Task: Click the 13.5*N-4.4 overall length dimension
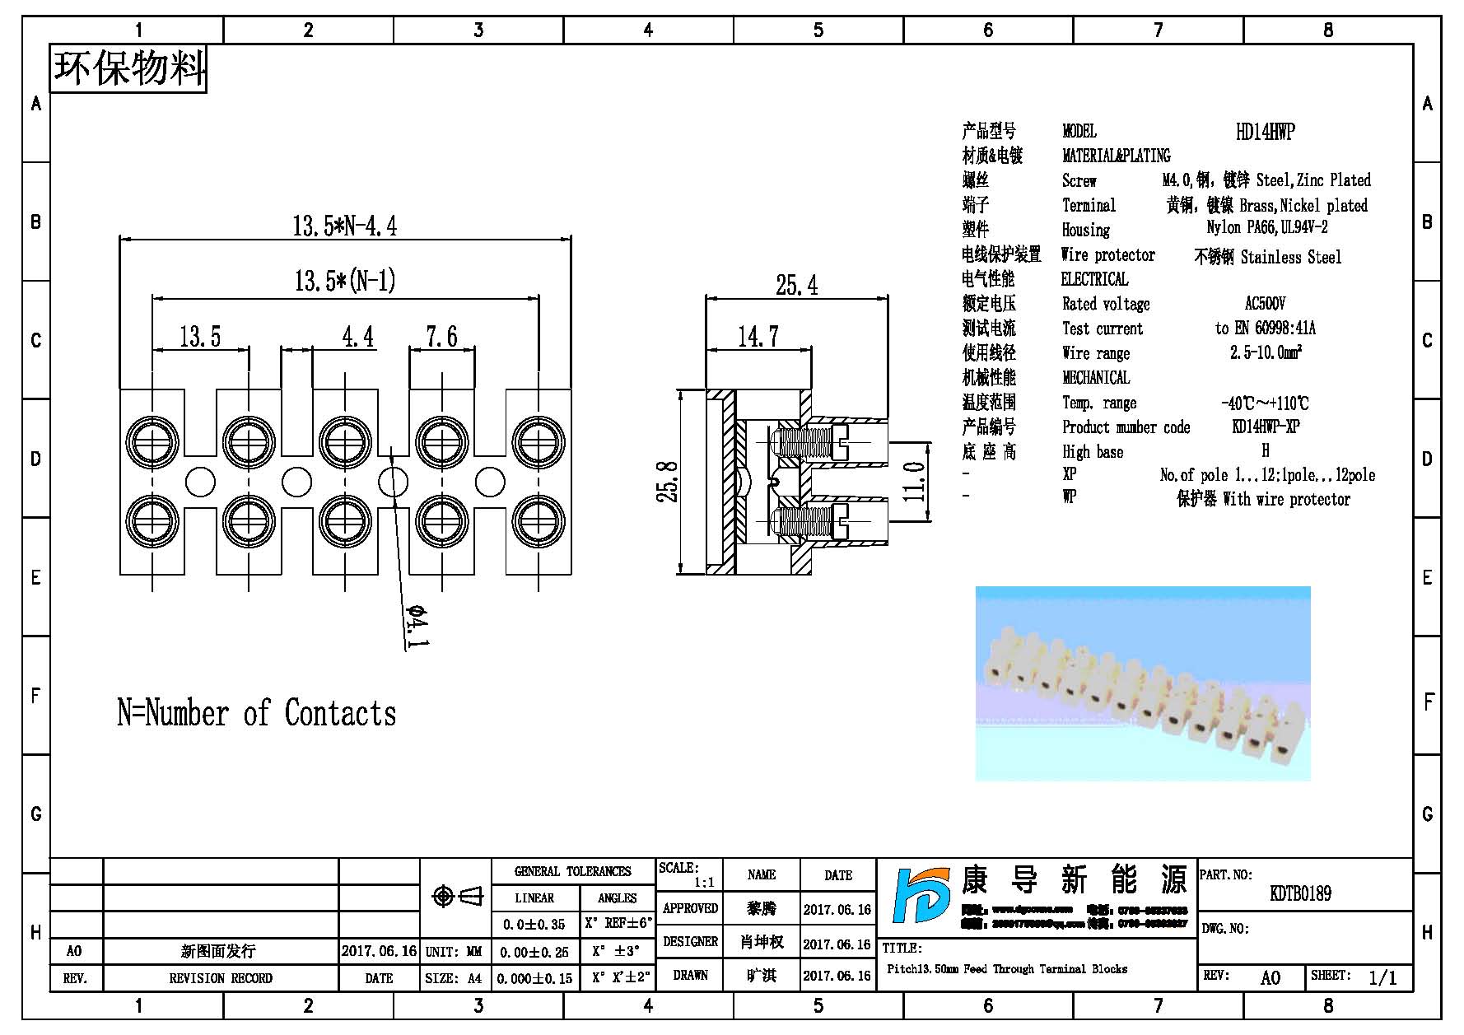tap(344, 226)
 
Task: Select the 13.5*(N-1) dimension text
tap(345, 282)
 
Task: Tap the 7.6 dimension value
tap(441, 337)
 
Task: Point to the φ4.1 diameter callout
tap(417, 627)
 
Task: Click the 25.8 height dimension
tap(668, 482)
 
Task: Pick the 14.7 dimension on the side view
tap(758, 337)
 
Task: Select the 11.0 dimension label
tap(915, 481)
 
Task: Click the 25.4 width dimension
tap(796, 286)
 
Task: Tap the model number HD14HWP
tap(1265, 132)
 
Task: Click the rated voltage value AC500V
tap(1265, 304)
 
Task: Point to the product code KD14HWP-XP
tap(1266, 427)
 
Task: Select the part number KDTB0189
tap(1300, 893)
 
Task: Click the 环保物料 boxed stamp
tap(128, 68)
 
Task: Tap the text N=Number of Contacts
tap(256, 713)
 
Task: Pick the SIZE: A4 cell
tap(454, 978)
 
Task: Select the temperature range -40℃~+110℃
tap(1265, 403)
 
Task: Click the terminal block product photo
tap(1142, 683)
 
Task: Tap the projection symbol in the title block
tap(457, 896)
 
